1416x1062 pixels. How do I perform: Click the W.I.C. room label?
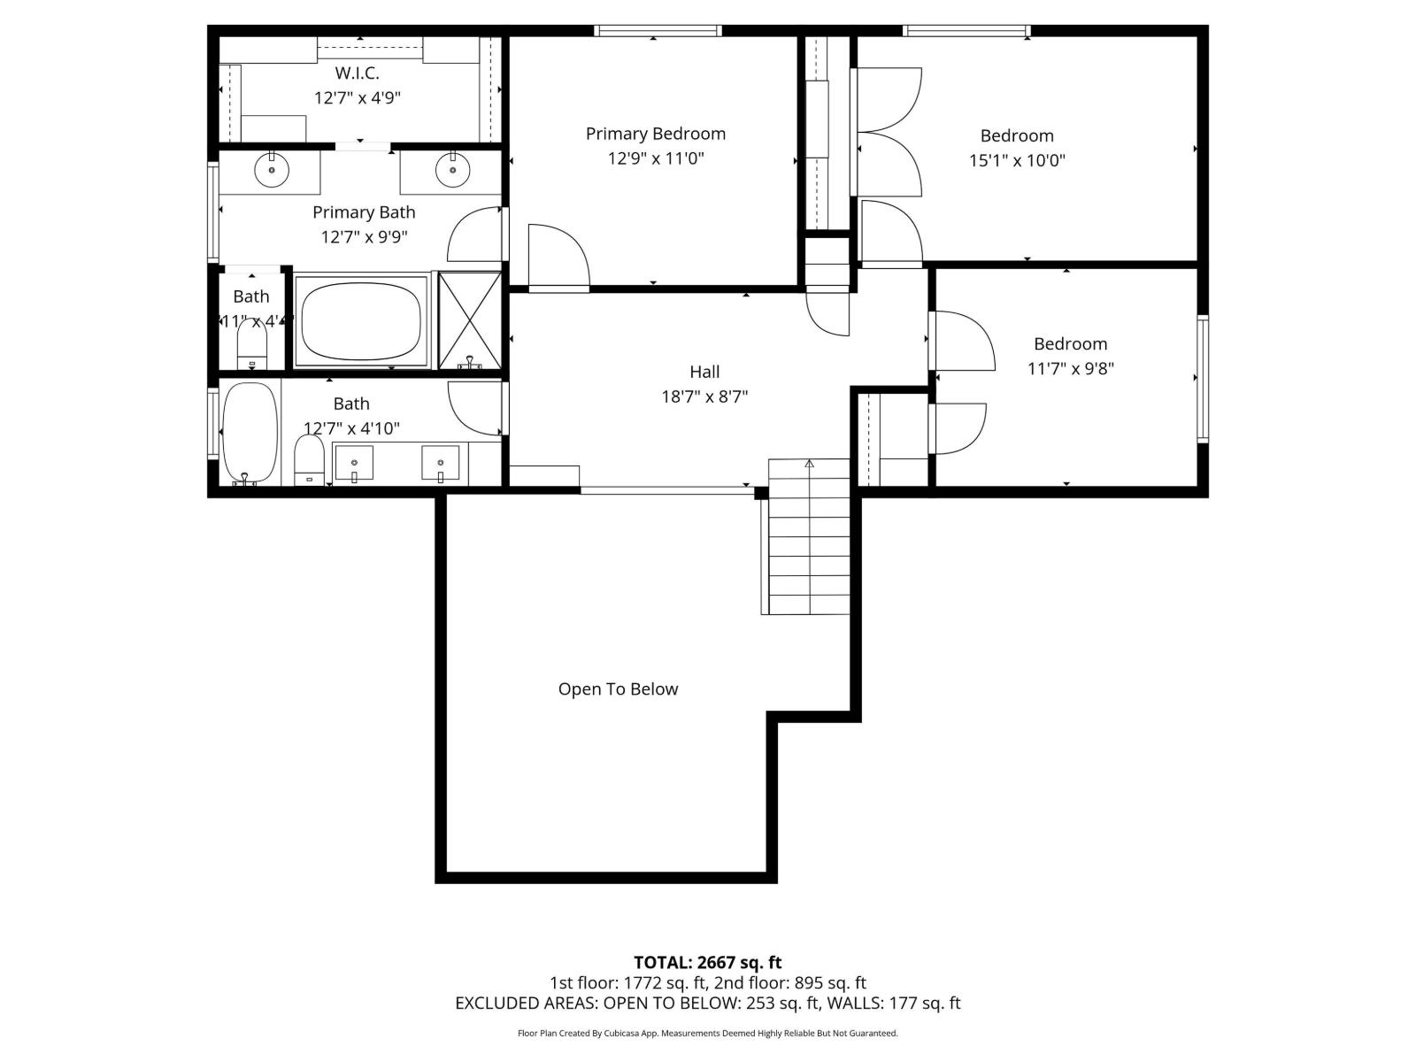tap(358, 73)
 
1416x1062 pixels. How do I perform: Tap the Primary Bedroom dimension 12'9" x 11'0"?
tap(656, 158)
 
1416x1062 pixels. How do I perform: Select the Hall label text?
tap(704, 372)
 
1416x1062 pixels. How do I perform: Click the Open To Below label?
tap(618, 689)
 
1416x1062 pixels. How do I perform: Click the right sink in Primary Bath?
tap(452, 169)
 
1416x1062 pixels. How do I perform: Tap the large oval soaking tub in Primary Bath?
tap(361, 320)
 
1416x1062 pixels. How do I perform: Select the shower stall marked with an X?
tap(470, 319)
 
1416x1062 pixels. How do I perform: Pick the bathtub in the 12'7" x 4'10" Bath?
tap(250, 432)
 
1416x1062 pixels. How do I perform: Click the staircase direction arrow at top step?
tap(809, 463)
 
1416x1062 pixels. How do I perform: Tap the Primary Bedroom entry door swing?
tap(556, 257)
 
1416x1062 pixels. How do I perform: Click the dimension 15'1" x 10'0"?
tap(1017, 160)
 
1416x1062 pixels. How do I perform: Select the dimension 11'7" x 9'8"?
tap(1070, 368)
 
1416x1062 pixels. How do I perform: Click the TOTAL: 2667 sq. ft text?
tap(707, 962)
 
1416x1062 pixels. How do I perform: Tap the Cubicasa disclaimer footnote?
tap(707, 1033)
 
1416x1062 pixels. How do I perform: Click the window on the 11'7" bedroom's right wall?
tap(1203, 379)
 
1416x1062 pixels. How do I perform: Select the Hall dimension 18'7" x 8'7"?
tap(704, 396)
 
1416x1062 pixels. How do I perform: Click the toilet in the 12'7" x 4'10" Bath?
tap(309, 461)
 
